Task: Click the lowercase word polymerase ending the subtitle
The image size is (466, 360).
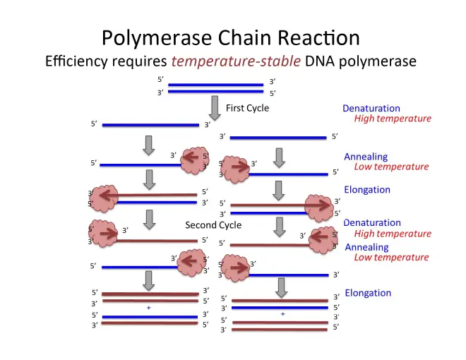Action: point(381,62)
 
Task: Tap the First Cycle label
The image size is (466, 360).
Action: point(247,108)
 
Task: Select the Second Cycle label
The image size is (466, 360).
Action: point(213,225)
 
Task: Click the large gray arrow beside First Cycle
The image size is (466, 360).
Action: point(215,108)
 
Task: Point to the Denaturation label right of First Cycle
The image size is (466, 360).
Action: point(371,109)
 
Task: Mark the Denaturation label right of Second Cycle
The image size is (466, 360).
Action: point(372,223)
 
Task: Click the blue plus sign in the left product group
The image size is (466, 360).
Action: point(148,308)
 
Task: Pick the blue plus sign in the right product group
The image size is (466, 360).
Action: point(282,313)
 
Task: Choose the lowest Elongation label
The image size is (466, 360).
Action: point(368,293)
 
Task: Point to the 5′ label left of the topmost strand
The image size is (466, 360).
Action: point(161,80)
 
